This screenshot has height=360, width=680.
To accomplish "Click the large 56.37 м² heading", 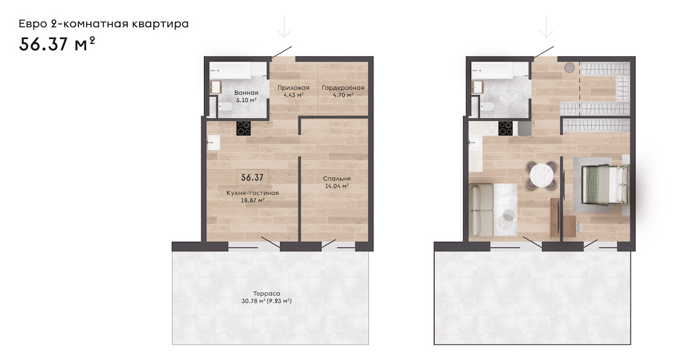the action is pos(57,44).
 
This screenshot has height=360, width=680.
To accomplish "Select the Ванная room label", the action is pos(246,92).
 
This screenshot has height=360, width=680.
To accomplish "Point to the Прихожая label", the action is pos(293,88).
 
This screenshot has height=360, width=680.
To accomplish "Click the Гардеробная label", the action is pos(342,88).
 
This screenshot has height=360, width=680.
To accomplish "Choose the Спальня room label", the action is pos(336,178).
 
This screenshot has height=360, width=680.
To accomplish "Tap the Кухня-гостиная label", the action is pos(252,192).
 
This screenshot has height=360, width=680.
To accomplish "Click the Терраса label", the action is pos(266,294).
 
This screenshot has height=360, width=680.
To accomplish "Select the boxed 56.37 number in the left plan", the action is pos(252,178).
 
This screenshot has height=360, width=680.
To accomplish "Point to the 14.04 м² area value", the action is pos(337,186).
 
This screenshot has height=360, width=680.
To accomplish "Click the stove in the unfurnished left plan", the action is pos(244,129).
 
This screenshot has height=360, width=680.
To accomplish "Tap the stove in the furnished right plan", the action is pos(505,129).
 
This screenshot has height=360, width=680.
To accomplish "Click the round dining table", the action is pos(542,175).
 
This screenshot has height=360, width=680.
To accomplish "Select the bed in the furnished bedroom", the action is pos(605,184).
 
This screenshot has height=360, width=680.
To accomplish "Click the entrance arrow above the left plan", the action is pos(284,27).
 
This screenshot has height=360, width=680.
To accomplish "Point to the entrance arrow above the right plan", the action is pos(546,27).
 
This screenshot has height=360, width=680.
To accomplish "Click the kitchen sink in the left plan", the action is pos(213,142).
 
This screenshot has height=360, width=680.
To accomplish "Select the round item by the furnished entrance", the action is pos(569,67).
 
